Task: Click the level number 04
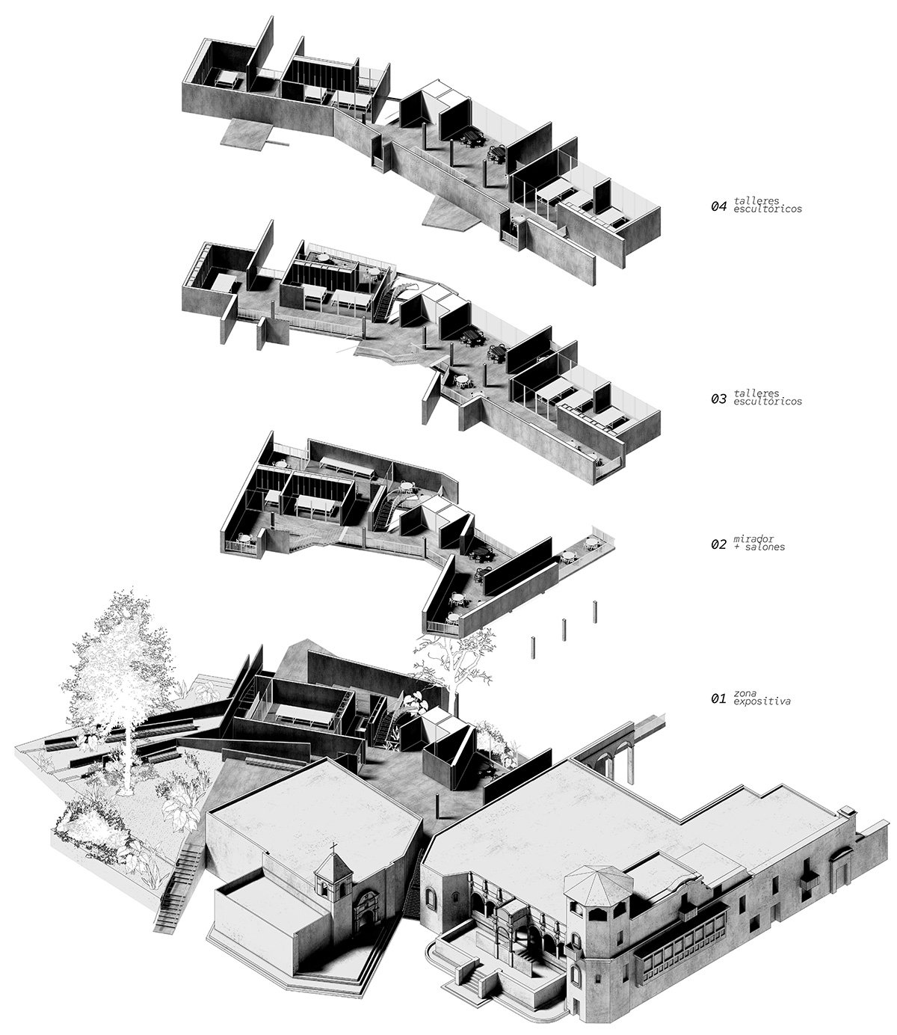click(718, 206)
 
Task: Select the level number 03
click(718, 399)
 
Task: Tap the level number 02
click(718, 544)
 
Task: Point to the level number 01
click(718, 698)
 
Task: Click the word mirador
click(753, 538)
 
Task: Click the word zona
click(745, 693)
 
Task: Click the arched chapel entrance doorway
click(368, 916)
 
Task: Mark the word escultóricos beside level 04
click(768, 209)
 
